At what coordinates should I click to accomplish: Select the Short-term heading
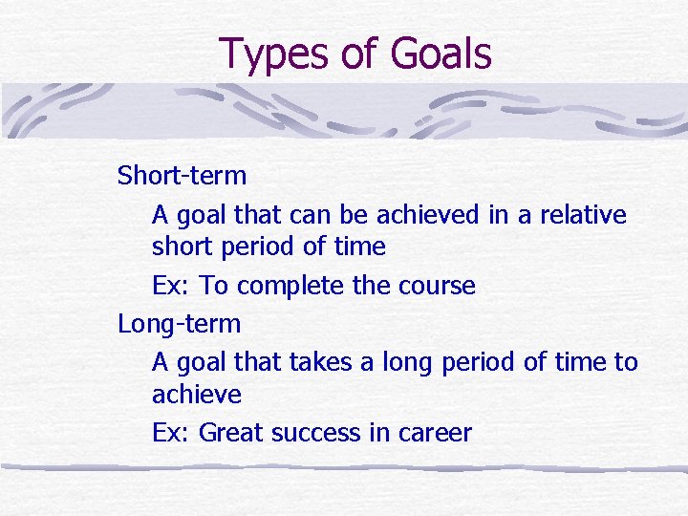coord(182,176)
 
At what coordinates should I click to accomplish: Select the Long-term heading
coord(179,324)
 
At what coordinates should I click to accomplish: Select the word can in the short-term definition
coord(330,215)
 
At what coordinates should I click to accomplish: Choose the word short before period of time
coord(182,247)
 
